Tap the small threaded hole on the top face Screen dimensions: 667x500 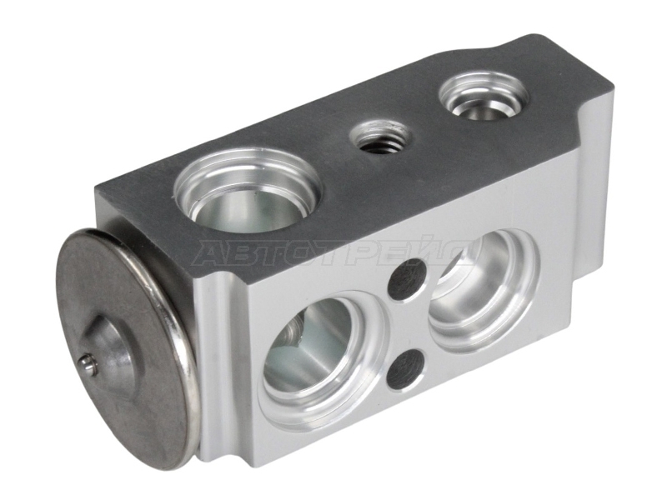tap(380, 137)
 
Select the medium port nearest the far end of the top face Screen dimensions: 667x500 tap(484, 96)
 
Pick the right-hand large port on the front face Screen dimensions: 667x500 tap(484, 289)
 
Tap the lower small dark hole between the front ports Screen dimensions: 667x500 tap(407, 368)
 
